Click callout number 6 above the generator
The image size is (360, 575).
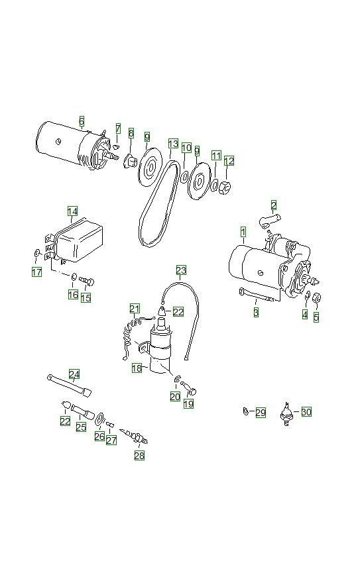82,121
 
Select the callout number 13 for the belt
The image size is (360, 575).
173,144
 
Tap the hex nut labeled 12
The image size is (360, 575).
224,188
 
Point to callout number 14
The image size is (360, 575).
72,211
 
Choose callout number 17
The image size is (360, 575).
37,272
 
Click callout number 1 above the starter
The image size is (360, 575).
243,232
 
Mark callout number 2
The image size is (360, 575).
273,205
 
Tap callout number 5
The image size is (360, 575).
316,317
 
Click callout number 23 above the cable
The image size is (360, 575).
181,270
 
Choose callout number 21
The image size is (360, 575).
135,308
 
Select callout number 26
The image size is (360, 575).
99,437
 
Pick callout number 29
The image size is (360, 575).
261,413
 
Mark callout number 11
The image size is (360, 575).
215,155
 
